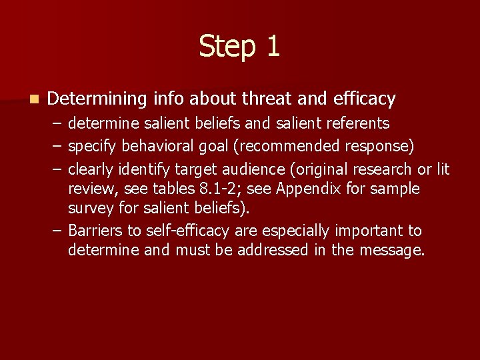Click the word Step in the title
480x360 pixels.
(x=226, y=47)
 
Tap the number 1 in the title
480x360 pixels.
(x=273, y=47)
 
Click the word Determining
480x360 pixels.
(x=97, y=99)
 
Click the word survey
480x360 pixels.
(x=89, y=208)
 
